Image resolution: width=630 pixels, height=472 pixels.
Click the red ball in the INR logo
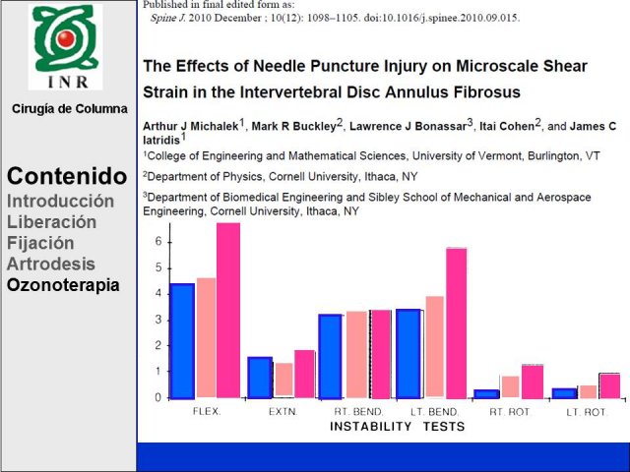(x=66, y=38)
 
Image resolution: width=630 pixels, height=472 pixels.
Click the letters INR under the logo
(x=68, y=82)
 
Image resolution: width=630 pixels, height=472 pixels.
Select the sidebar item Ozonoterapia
(x=63, y=285)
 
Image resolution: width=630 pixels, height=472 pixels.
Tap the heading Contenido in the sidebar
(x=67, y=176)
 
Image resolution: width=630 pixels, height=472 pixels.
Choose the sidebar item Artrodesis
(x=51, y=265)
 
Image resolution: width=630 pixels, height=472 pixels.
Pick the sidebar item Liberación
(x=51, y=222)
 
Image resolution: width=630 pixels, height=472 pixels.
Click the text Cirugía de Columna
(x=70, y=109)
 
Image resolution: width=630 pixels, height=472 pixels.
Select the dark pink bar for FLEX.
(x=228, y=311)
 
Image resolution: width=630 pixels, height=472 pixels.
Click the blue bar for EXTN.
(x=260, y=378)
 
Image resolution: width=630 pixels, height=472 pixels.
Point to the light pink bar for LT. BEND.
(x=435, y=346)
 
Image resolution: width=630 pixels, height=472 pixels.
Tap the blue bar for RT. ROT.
(x=486, y=394)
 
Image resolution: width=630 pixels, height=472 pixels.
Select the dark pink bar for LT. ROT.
(x=609, y=386)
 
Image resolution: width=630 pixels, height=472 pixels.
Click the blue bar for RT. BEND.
(x=331, y=357)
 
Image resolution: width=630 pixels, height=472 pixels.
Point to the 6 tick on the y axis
(x=158, y=242)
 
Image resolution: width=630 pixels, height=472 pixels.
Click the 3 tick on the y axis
(x=158, y=320)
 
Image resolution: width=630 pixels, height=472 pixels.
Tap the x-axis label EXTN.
(x=283, y=412)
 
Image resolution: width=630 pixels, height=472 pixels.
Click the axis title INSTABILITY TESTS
(x=397, y=426)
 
